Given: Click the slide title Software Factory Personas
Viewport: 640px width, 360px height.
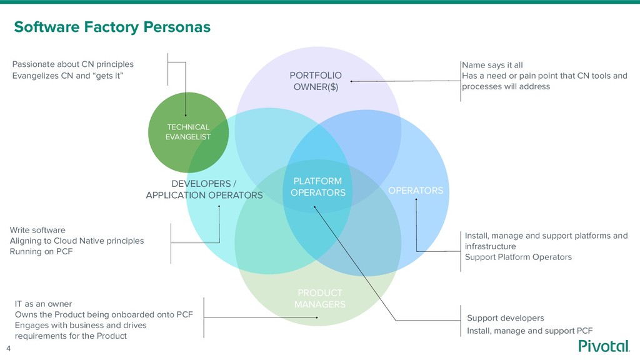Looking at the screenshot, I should pyautogui.click(x=112, y=27).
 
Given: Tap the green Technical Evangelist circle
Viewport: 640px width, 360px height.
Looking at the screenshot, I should pyautogui.click(x=187, y=132).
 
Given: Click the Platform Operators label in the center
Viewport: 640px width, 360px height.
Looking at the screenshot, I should pyautogui.click(x=317, y=187).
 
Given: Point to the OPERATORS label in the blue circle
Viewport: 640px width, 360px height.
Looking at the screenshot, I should pyautogui.click(x=416, y=190).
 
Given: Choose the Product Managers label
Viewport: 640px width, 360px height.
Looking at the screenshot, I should pyautogui.click(x=319, y=299).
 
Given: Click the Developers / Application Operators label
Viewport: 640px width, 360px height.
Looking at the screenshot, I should pyautogui.click(x=204, y=189).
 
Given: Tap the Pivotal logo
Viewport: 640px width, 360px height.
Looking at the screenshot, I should pyautogui.click(x=604, y=346).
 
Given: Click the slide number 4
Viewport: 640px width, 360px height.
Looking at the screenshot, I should pyautogui.click(x=9, y=348).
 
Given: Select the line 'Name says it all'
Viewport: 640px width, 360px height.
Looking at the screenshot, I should pyautogui.click(x=492, y=65).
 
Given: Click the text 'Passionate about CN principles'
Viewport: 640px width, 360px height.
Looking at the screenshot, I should pyautogui.click(x=73, y=64).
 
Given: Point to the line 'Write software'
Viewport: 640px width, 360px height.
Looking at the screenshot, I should pyautogui.click(x=37, y=230).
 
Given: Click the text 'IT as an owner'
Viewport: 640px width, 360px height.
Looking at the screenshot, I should pyautogui.click(x=43, y=304).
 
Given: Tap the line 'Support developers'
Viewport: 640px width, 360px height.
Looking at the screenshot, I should pyautogui.click(x=506, y=318).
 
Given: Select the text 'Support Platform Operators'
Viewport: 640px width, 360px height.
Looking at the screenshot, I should pyautogui.click(x=518, y=257).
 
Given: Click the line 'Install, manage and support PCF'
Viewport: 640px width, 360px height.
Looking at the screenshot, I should pyautogui.click(x=529, y=331).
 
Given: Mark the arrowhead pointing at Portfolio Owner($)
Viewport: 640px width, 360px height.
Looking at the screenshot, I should pyautogui.click(x=352, y=82).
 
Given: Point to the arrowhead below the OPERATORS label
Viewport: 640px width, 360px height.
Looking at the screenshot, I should pyautogui.click(x=416, y=200).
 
